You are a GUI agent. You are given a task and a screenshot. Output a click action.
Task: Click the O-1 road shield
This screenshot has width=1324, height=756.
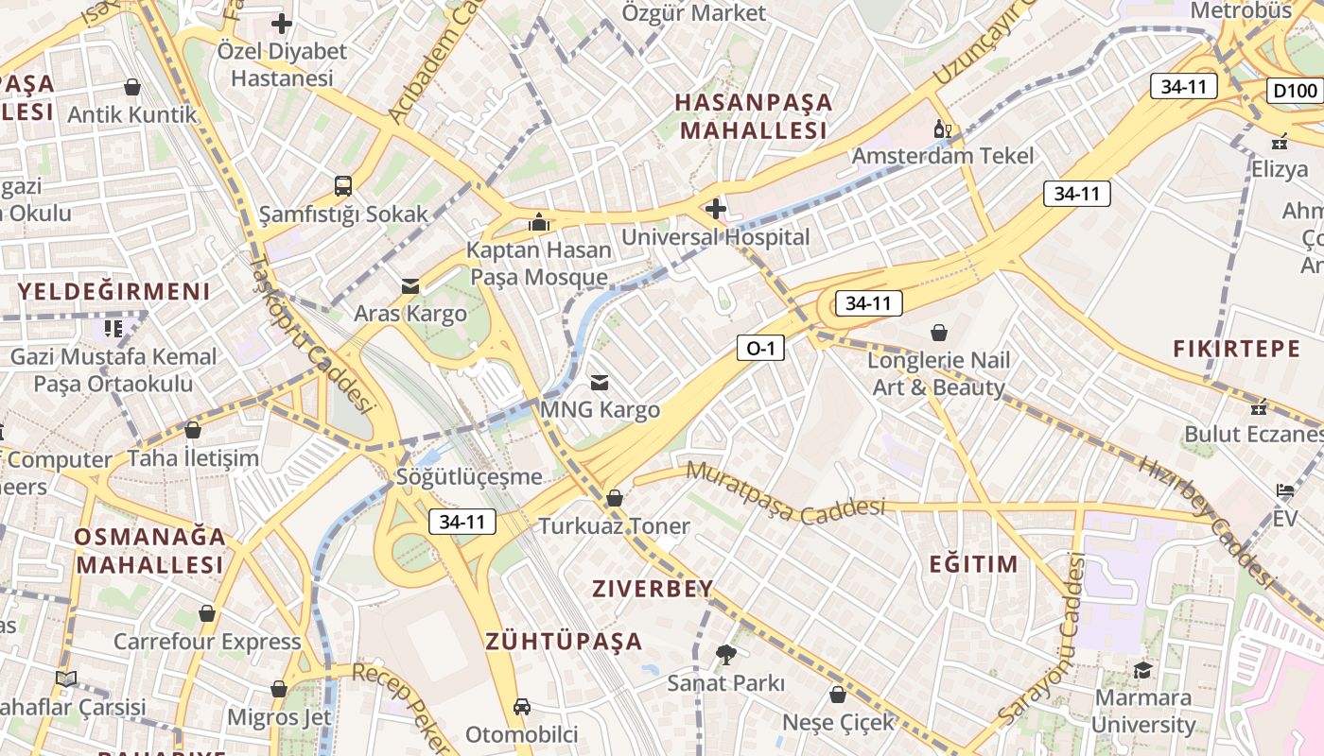[760, 349]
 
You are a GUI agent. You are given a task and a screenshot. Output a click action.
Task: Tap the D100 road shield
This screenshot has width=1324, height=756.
[1295, 91]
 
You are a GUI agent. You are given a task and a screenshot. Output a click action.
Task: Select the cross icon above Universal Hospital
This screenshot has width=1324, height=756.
[716, 208]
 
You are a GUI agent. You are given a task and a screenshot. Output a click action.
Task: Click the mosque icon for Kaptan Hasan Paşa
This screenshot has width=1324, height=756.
[539, 223]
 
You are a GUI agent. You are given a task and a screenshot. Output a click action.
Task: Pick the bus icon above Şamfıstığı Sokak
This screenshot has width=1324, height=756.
[343, 185]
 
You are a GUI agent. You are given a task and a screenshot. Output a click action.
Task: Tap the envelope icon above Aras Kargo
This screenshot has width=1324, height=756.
[410, 285]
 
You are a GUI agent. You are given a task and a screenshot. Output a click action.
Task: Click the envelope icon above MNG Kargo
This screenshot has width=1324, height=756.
[600, 383]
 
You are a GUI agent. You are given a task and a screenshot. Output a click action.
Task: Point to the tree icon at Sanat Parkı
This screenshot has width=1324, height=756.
[725, 654]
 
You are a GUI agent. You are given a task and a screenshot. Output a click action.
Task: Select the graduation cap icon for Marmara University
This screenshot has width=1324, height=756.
[1143, 670]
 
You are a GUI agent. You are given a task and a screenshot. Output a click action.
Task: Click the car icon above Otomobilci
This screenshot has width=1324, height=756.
[521, 706]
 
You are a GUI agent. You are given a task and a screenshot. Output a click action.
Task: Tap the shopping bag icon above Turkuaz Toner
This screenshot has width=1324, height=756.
[615, 497]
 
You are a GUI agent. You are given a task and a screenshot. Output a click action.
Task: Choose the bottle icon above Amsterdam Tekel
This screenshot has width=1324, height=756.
[942, 129]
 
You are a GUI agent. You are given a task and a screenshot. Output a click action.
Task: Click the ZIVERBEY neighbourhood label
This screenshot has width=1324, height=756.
[653, 589]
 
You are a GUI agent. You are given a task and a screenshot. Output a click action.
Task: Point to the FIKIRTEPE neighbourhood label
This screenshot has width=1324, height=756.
[1237, 349]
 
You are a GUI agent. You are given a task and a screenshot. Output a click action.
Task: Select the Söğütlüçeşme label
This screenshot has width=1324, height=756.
[470, 476]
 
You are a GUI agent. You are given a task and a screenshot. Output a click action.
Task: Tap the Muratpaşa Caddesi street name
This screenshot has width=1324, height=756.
[785, 491]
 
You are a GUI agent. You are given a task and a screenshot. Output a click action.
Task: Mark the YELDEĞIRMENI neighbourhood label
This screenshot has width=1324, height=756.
[114, 291]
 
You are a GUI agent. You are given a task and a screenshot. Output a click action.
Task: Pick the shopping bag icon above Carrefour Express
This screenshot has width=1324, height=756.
[207, 613]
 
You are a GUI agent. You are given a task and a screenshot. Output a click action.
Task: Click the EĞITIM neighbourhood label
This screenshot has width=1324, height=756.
[973, 564]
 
